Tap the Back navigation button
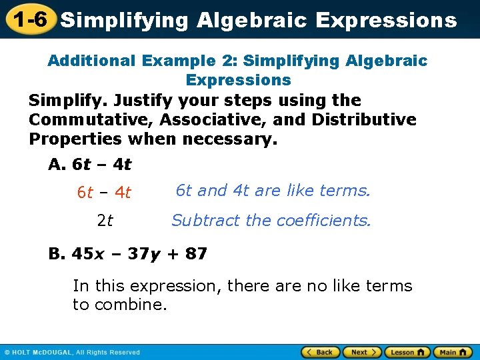point(320,352)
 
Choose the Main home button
point(453,352)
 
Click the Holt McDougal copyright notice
point(72,353)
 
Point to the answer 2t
point(105,221)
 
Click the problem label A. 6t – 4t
point(90,164)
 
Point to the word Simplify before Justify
point(68,101)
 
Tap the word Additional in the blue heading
point(91,61)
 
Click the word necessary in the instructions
point(236,139)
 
